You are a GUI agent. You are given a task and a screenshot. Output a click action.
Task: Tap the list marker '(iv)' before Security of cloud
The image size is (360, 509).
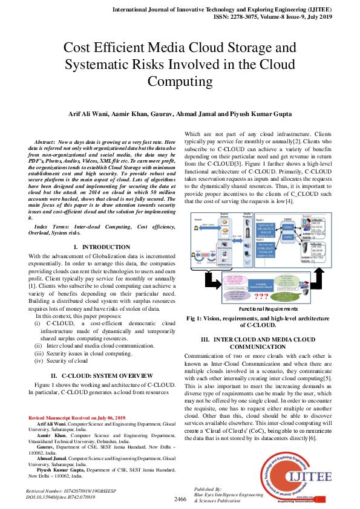(x=39, y=360)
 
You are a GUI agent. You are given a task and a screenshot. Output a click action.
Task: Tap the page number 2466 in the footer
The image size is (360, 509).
(x=180, y=499)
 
